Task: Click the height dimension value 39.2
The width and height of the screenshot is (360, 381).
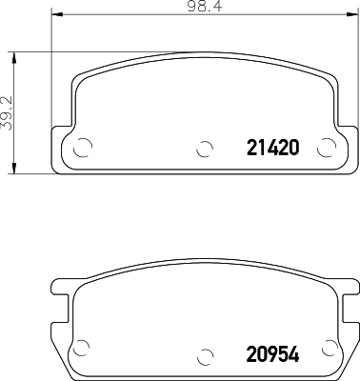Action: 8,112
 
